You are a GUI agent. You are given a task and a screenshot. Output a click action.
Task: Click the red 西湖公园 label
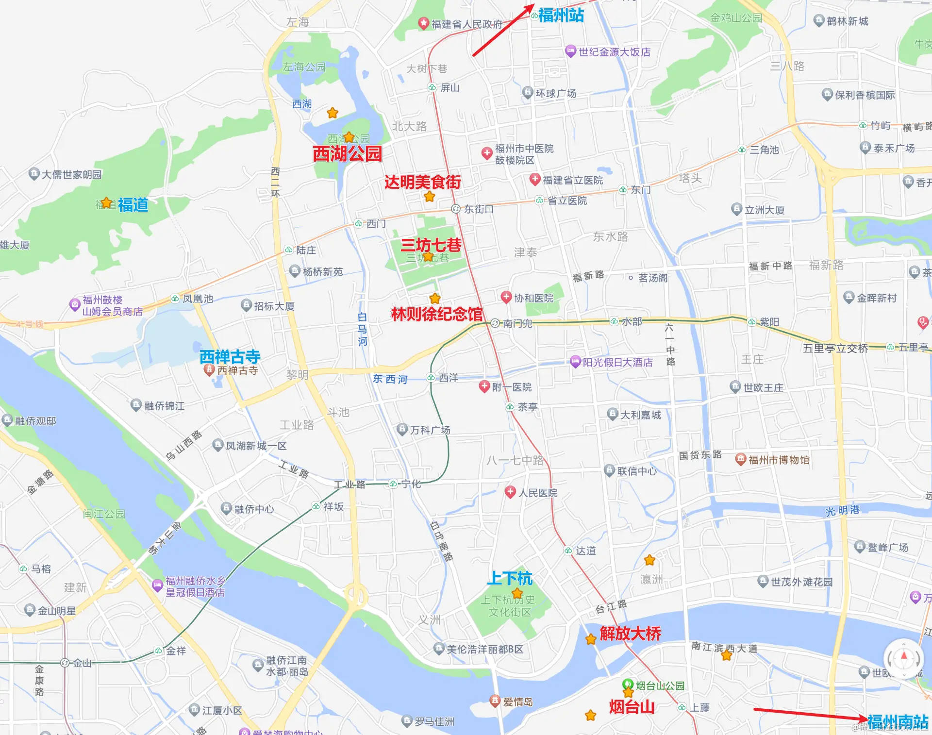coord(347,154)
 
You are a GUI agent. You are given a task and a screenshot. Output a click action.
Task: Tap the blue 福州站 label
coord(561,16)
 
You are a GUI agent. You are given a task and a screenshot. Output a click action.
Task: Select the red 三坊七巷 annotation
coord(431,245)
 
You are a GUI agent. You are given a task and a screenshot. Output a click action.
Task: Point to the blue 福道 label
coord(133,204)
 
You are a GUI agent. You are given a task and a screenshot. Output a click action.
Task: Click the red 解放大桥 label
coord(630,634)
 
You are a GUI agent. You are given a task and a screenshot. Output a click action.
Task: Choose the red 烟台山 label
coord(632,707)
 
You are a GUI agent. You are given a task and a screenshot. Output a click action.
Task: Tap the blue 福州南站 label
coord(898,721)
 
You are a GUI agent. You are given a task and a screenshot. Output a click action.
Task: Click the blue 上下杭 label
coord(510,578)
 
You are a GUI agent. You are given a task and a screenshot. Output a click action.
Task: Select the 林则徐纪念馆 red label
coord(437,314)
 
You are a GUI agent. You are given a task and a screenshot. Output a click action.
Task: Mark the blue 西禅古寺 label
coord(230,357)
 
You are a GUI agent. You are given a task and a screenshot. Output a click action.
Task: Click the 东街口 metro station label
coord(478,209)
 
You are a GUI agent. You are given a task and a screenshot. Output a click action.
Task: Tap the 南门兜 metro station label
coord(517,323)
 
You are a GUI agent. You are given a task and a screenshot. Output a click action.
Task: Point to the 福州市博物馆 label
coord(779,460)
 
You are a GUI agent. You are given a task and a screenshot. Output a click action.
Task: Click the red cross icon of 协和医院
coord(506,297)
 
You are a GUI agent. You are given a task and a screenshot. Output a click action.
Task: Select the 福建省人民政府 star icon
coord(423,23)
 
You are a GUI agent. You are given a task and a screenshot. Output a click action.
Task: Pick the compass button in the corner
coord(903,659)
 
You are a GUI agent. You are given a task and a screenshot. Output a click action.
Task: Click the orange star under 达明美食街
coord(429,197)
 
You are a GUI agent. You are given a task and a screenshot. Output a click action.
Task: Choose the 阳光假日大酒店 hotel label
coord(617,362)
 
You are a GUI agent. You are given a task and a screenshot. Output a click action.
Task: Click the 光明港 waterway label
coord(842,511)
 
